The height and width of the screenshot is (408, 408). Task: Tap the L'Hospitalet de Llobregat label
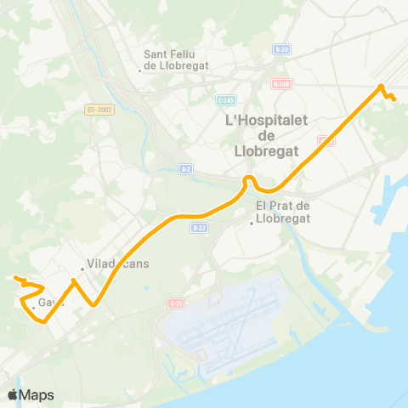tap(264, 136)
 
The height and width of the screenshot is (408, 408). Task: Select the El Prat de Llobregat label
tap(284, 211)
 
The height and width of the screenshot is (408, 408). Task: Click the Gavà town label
tap(49, 303)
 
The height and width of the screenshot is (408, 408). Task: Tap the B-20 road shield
tap(281, 50)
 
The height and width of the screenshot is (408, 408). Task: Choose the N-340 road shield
tap(281, 83)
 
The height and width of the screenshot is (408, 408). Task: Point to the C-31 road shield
tap(176, 303)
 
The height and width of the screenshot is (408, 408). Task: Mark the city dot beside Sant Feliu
tap(140, 70)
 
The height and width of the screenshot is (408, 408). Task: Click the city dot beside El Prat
tap(252, 224)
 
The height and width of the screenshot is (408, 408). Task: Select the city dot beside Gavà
tap(33, 305)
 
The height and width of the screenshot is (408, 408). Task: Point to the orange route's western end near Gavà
tap(15, 278)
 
